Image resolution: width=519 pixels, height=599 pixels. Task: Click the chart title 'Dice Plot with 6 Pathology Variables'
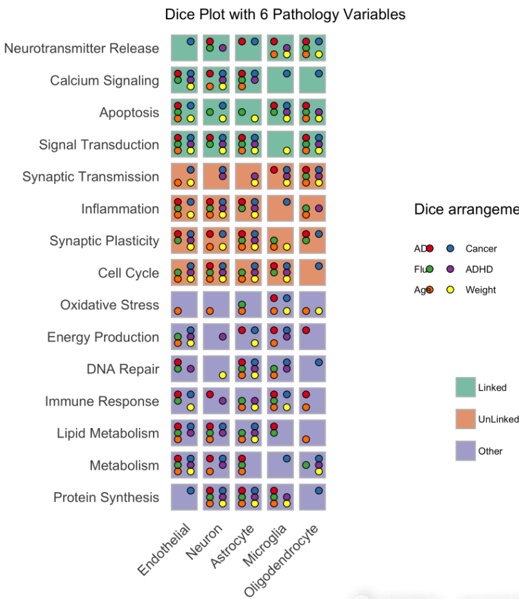[x=285, y=14]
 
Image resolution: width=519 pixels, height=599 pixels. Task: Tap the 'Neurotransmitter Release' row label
[x=82, y=48]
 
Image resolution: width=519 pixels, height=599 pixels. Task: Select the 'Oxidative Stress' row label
[x=109, y=304]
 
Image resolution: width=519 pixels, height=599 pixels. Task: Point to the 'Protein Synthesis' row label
[x=106, y=497]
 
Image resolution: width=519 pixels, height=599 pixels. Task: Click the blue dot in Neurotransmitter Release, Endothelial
[x=190, y=41]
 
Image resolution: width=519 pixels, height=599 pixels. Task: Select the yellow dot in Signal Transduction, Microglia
[x=287, y=151]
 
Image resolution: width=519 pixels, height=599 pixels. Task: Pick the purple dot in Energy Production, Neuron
[x=223, y=336]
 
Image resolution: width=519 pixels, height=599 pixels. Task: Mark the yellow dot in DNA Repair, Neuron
[x=223, y=375]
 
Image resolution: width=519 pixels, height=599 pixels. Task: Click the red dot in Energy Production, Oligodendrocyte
[x=306, y=330]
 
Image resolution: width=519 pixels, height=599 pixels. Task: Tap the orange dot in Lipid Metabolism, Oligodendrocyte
[x=306, y=439]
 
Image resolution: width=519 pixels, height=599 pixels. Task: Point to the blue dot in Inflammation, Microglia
[x=287, y=202]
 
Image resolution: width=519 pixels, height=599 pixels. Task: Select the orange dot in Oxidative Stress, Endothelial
[x=178, y=311]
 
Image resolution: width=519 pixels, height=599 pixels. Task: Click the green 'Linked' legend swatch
[x=465, y=387]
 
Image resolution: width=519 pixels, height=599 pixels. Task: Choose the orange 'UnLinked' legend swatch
[x=465, y=419]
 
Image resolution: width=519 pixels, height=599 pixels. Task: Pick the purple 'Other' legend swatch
[x=465, y=451]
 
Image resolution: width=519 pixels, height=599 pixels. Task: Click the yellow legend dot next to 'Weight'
[x=450, y=290]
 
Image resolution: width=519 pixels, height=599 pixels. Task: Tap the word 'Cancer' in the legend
[x=480, y=249]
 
